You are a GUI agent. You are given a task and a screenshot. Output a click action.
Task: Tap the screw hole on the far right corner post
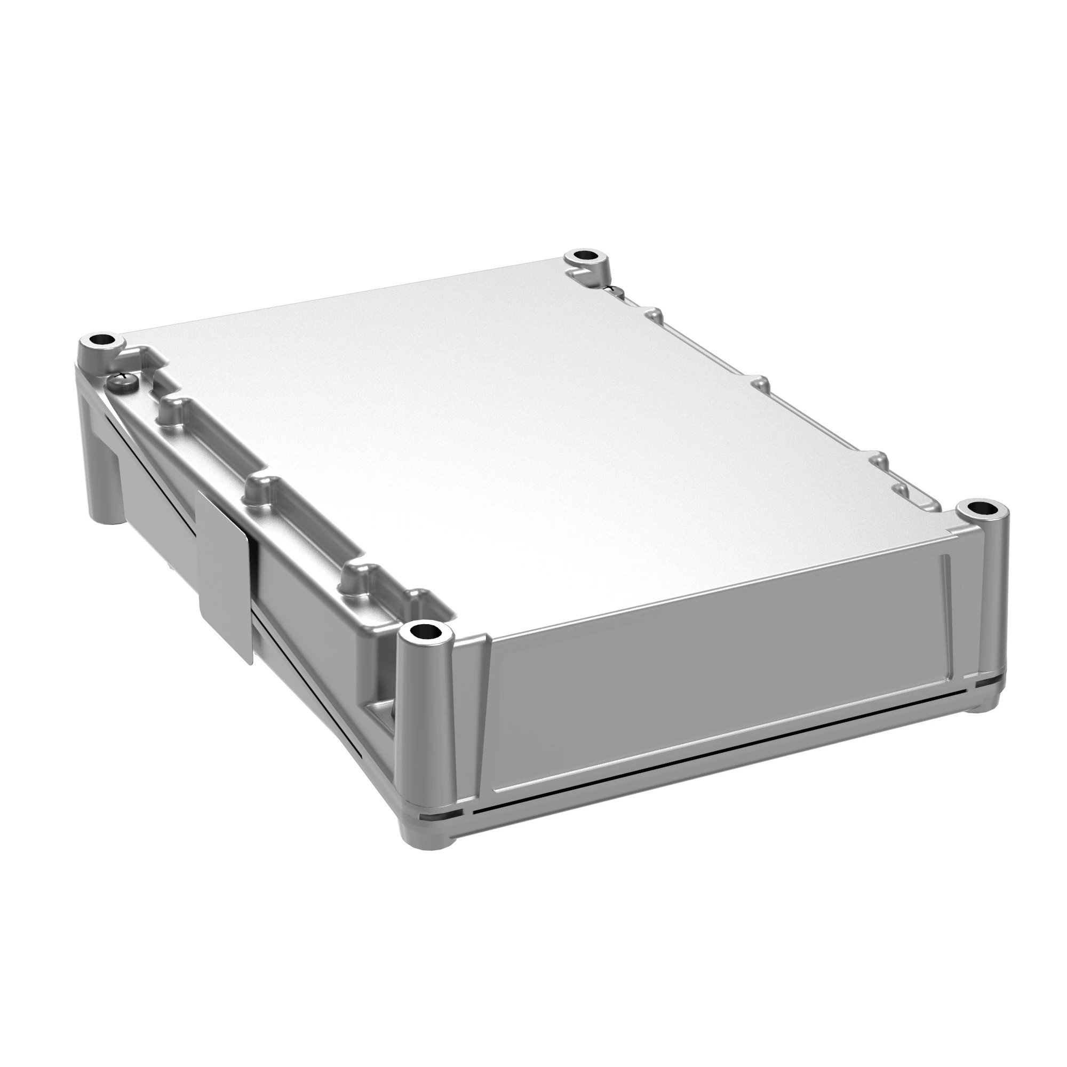pyautogui.click(x=983, y=507)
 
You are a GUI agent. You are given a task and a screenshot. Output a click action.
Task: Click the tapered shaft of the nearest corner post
pyautogui.click(x=428, y=746)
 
